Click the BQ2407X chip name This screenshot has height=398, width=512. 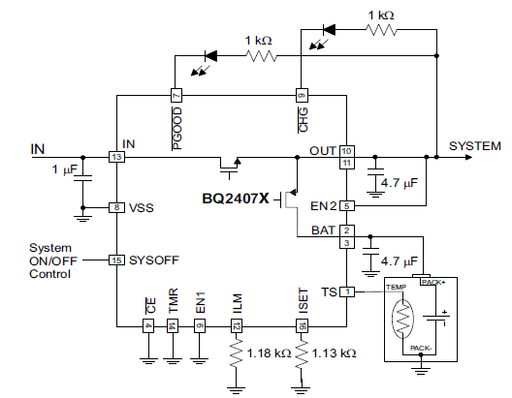coord(237,200)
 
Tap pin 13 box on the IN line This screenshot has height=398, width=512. coord(116,156)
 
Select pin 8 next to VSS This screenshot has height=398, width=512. coord(116,207)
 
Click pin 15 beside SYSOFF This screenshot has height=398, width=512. coord(116,260)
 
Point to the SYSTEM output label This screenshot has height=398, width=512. coord(474,146)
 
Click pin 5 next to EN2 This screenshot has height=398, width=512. coord(346,205)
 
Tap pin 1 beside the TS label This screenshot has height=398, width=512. coord(346,291)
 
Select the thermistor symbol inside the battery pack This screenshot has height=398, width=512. coord(400,321)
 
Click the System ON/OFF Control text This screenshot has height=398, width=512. coord(50,260)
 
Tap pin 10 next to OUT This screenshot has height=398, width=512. coord(346,151)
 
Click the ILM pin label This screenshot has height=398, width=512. coord(236,303)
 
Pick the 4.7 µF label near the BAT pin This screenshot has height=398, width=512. coord(400,260)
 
